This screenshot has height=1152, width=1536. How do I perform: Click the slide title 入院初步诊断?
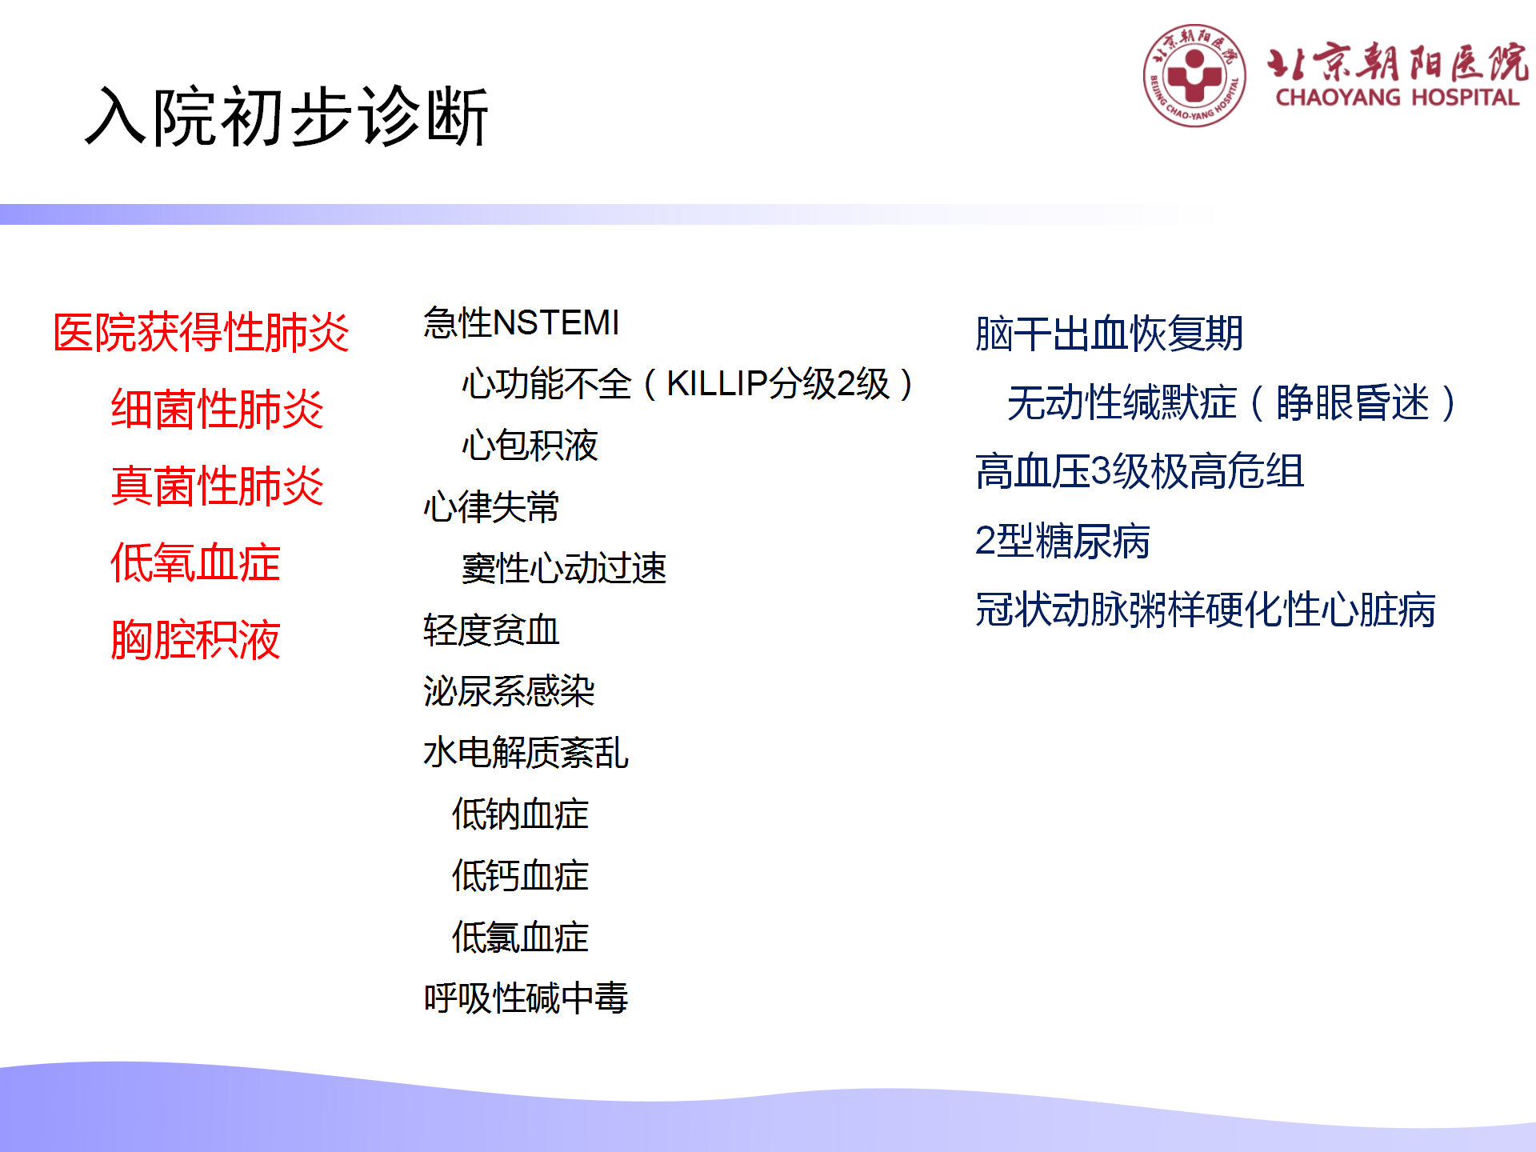point(286,117)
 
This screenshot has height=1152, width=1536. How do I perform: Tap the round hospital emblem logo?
point(1194,76)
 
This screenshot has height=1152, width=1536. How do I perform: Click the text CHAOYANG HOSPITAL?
point(1397,98)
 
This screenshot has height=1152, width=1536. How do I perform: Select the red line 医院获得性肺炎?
point(201,332)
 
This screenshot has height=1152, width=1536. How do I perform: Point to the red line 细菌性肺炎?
point(217,409)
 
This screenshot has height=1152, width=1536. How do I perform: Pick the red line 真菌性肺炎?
point(217,486)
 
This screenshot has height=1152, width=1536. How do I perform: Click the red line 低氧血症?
point(195,562)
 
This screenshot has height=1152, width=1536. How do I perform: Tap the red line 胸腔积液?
point(195,639)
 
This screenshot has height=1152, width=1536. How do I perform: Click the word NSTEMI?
point(557,323)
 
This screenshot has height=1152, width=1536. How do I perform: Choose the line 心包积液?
point(530,446)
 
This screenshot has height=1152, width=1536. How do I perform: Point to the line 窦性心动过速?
point(564,569)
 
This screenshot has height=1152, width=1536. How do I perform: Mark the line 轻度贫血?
point(491,630)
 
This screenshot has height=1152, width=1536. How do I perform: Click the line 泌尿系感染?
point(509,691)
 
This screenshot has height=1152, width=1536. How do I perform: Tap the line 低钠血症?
point(520,814)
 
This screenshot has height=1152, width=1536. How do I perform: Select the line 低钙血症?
point(520,876)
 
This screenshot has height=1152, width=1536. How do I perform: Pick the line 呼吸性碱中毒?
point(526,998)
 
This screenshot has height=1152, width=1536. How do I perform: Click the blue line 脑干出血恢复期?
point(1109,334)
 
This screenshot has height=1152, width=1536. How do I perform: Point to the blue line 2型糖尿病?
point(1062,541)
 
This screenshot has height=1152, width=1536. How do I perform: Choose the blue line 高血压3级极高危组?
point(1140,471)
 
